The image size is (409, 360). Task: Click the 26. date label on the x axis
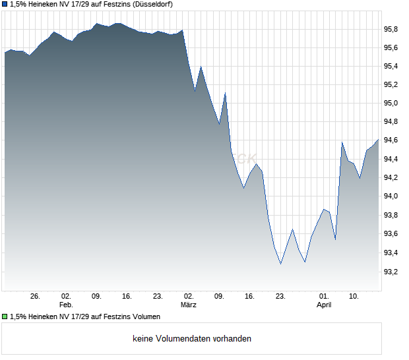point(35,297)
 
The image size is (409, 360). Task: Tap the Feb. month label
point(66,305)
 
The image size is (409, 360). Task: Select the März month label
point(189,305)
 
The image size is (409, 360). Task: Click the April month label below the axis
point(324,305)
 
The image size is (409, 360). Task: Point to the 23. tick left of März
point(158,297)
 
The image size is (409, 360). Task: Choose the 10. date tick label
point(354,297)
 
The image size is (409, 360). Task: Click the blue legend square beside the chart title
point(5,5)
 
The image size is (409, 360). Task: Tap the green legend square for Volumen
point(5,317)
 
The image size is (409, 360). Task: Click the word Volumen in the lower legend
point(146,317)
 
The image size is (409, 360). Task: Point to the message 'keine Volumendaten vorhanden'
point(192,339)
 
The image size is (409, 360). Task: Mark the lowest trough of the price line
point(281,264)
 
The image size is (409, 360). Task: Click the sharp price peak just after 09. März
point(226,93)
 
